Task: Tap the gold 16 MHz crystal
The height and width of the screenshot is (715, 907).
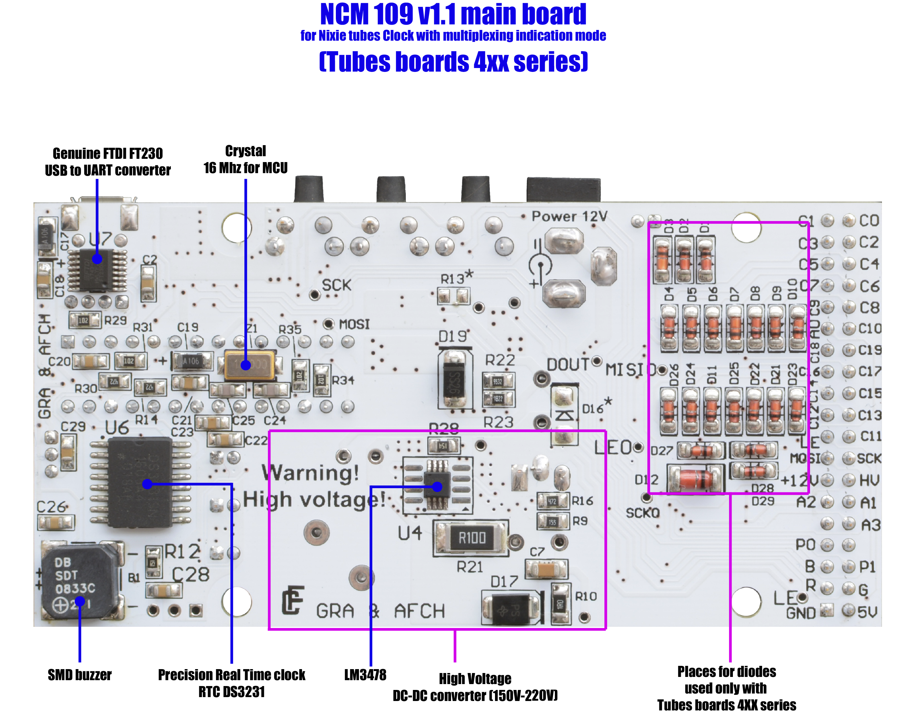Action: pos(250,364)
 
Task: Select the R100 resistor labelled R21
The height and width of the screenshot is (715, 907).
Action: pos(472,538)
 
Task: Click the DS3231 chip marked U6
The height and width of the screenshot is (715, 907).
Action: pos(140,481)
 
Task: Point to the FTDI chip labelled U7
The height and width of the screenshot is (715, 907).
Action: pos(97,270)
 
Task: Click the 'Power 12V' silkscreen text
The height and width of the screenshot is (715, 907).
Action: pos(569,216)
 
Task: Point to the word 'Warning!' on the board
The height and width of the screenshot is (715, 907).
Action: pos(310,473)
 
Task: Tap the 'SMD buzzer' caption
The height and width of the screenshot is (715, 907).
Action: pos(79,675)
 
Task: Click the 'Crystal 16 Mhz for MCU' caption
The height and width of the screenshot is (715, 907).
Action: pos(246,159)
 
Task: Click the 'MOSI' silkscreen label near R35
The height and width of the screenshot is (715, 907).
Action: pos(354,324)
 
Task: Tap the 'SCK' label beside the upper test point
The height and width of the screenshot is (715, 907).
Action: pos(336,285)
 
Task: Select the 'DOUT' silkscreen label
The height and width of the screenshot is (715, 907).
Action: pos(568,364)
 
